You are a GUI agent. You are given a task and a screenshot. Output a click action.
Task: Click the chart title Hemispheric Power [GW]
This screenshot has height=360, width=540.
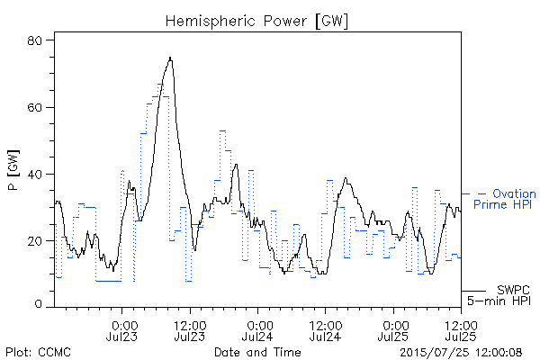256,22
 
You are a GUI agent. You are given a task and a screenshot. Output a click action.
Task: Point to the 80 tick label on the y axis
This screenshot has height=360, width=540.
34,40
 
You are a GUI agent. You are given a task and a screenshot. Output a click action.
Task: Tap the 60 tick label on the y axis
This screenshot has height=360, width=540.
34,107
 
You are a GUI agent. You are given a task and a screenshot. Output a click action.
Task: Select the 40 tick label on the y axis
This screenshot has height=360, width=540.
34,175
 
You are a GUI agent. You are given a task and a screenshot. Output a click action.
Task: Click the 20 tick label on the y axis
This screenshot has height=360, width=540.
34,241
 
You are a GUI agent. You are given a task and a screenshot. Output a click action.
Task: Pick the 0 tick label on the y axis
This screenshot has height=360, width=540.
38,304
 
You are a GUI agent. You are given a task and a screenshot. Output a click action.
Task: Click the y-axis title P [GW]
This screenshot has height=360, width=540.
13,170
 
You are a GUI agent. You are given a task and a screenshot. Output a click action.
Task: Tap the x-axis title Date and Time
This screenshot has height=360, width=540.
257,352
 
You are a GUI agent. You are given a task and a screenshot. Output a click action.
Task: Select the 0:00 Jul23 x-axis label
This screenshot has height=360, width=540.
121,330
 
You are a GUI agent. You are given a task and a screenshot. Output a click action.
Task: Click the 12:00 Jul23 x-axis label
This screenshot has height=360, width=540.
190,330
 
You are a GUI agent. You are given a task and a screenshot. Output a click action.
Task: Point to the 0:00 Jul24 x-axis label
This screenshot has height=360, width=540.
257,330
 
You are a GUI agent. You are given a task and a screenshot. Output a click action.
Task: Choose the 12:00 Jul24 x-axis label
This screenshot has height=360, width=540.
326,330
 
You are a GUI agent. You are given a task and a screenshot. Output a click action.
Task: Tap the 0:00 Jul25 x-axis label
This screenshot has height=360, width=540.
393,330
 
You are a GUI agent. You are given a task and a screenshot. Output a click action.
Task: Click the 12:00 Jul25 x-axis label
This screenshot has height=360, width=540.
461,330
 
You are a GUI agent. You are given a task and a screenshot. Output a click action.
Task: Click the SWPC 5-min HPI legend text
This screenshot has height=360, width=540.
499,295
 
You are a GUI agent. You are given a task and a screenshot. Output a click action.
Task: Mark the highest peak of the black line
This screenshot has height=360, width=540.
170,58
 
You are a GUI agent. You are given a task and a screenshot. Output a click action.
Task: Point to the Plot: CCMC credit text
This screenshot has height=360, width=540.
38,352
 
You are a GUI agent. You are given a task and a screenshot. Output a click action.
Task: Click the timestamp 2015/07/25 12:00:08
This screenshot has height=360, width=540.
461,353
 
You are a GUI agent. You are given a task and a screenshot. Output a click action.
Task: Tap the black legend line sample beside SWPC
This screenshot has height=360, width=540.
473,291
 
